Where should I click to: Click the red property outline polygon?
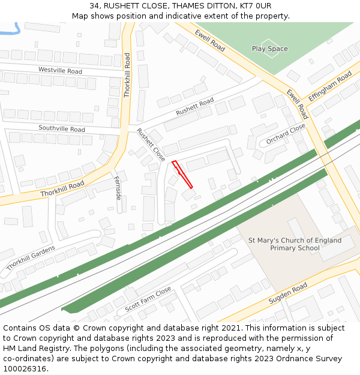pos(182,174)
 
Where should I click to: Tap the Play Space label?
pos(269,49)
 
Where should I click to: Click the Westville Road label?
pos(60,70)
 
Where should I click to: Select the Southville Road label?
pos(62,128)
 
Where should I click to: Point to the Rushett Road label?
pos(194,107)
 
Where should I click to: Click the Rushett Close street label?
pos(151,145)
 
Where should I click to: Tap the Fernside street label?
pos(118,188)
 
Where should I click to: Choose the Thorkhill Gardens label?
pos(31,257)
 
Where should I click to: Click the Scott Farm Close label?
pos(148,298)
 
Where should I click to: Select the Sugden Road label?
pos(288,292)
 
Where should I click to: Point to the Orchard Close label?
pos(286,135)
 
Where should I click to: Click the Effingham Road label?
pos(329,87)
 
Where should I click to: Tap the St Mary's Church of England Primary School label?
pos(295,244)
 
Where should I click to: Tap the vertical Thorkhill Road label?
pos(127,75)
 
